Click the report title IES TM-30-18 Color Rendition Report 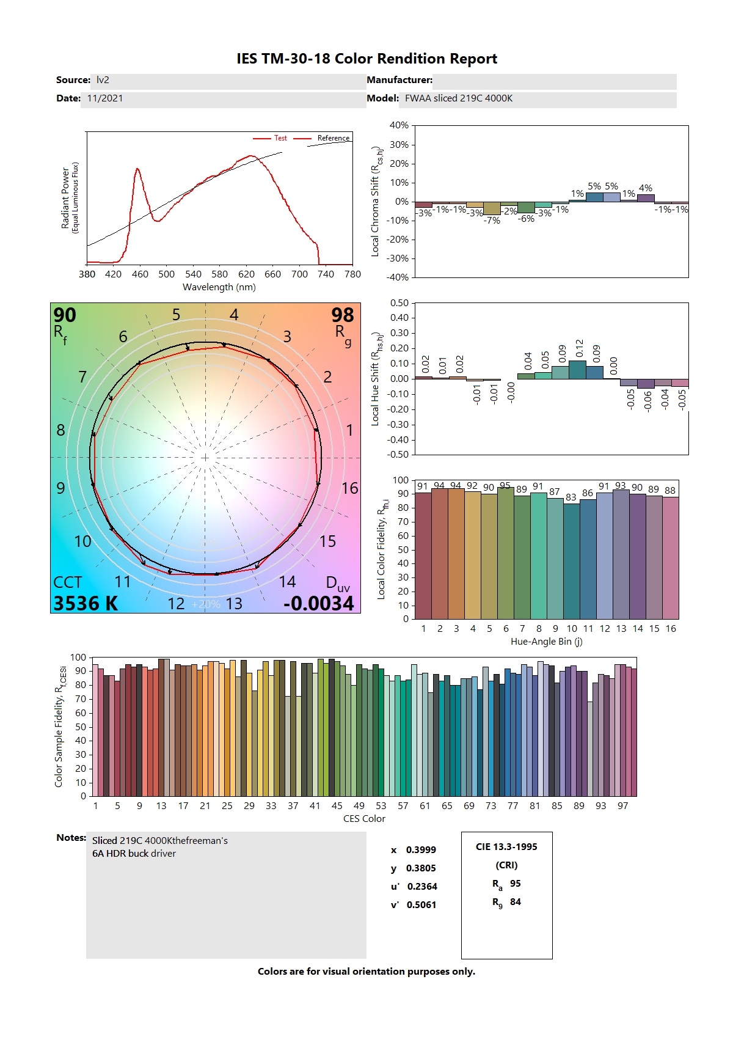pos(366,59)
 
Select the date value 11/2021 pos(105,98)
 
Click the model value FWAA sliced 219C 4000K pos(458,98)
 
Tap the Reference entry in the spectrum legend pos(333,138)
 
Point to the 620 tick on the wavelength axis pos(246,274)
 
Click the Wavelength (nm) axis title pos(219,287)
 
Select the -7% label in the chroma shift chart pos(492,221)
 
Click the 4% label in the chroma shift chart pos(645,188)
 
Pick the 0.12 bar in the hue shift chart pos(577,370)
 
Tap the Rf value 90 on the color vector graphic pos(65,315)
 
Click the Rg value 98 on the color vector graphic pos(343,315)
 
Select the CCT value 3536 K pos(86,604)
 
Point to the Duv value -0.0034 pos(318,604)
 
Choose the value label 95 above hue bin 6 pos(505,486)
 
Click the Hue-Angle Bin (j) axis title pos(546,642)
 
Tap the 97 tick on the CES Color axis pos(622,806)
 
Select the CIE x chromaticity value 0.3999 pos(421,850)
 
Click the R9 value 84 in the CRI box pos(516,902)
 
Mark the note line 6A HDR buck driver pos(134,854)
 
